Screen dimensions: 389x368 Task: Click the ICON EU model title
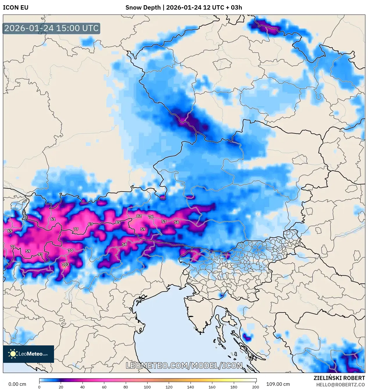tap(16, 8)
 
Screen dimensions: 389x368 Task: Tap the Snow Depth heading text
tap(184, 8)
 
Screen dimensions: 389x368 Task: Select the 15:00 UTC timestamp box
tap(51, 28)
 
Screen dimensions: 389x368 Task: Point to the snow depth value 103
tap(65, 264)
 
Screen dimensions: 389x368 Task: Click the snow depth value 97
tap(40, 254)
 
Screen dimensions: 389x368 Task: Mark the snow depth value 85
tap(118, 222)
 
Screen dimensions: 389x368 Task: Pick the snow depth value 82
tap(139, 216)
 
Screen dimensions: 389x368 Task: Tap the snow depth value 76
tap(151, 217)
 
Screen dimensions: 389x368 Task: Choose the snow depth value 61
tap(53, 219)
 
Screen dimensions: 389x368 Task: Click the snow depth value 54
tap(124, 244)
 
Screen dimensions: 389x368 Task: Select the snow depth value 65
tap(10, 231)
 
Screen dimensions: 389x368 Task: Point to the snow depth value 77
tap(76, 229)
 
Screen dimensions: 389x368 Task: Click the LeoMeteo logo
tap(28, 354)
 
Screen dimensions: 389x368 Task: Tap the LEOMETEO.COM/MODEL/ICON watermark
tap(184, 365)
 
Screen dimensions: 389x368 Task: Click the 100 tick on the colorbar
tap(147, 387)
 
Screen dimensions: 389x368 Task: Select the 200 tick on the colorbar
tap(255, 387)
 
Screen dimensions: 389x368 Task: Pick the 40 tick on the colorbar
tap(82, 387)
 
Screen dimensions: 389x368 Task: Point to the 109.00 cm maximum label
tap(278, 384)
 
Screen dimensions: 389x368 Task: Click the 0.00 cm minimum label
tap(17, 384)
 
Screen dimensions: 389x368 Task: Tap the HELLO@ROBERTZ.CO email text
tap(340, 385)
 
